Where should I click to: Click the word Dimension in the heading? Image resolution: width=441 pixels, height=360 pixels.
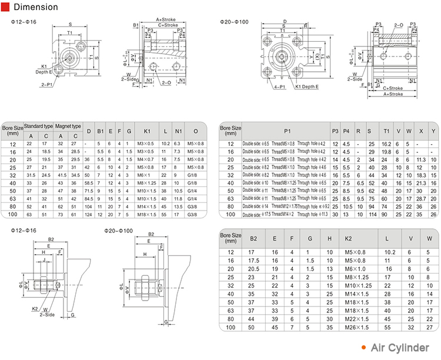(35, 8)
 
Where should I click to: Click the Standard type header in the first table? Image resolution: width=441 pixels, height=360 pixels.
(38, 126)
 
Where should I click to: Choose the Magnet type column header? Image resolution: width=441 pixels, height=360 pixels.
(68, 126)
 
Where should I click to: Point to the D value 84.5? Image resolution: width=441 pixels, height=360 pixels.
(89, 199)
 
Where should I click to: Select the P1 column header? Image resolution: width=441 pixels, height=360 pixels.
(287, 131)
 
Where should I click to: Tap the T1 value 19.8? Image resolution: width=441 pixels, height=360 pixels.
(386, 152)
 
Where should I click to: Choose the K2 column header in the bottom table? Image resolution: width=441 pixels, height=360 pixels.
(348, 238)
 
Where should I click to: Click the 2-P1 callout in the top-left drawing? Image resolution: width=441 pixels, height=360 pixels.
(46, 85)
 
